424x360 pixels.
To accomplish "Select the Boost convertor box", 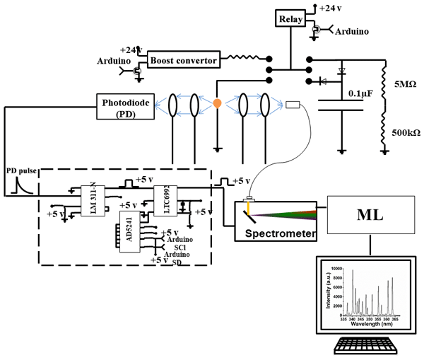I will [183, 61].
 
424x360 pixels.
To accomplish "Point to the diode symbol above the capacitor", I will [342, 71].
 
